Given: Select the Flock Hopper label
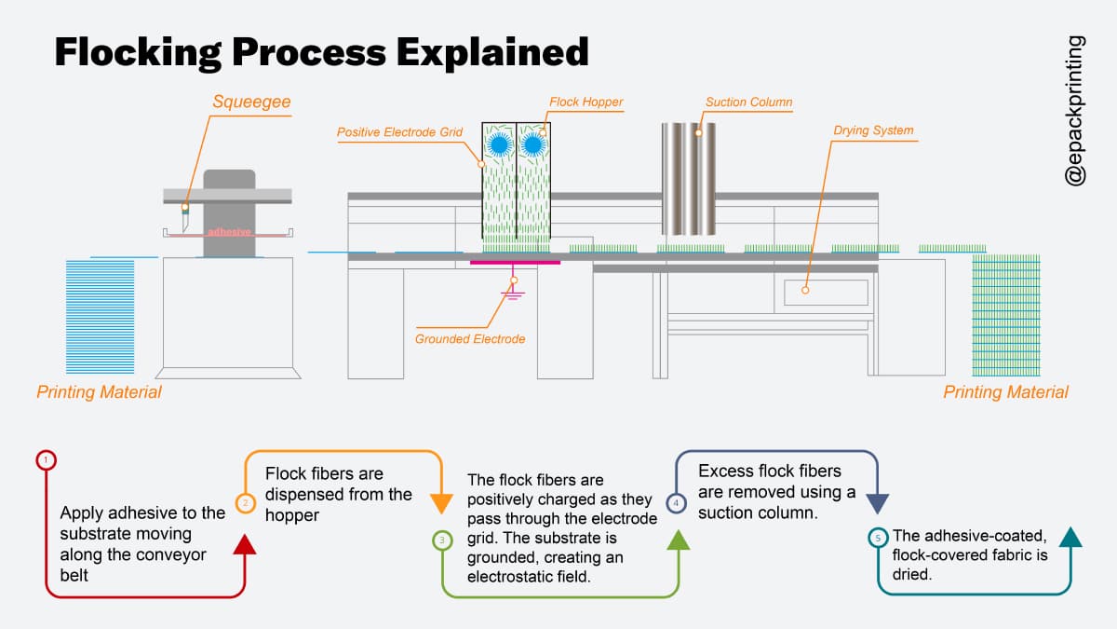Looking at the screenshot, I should [586, 102].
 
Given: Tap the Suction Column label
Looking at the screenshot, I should [749, 102].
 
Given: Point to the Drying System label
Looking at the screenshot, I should [873, 130].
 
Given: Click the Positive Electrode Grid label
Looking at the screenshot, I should [399, 132].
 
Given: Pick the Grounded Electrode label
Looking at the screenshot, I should [470, 338].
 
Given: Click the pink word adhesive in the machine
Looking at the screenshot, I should [229, 231].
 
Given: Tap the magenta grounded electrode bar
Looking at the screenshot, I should [515, 263].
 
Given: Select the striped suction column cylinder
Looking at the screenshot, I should [689, 177].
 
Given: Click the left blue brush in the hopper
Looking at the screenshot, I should [500, 144].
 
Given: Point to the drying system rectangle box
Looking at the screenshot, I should [826, 292].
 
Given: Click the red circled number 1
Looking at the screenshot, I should [47, 459].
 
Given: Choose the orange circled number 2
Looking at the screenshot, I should [245, 503].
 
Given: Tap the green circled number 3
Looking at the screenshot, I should [442, 540].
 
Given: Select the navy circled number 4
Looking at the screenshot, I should [677, 503].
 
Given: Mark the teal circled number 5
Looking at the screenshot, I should [878, 538].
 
